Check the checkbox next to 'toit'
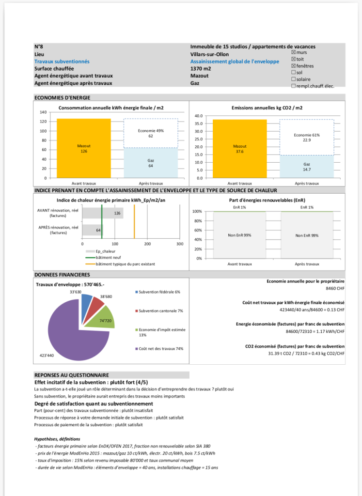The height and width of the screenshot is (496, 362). pyautogui.click(x=293, y=59)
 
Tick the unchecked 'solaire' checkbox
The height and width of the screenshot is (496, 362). pyautogui.click(x=293, y=79)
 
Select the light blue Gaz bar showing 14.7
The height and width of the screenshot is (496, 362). pyautogui.click(x=306, y=167)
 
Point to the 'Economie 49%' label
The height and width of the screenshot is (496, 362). pyautogui.click(x=151, y=131)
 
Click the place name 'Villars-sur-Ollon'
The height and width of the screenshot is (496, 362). pyautogui.click(x=210, y=54)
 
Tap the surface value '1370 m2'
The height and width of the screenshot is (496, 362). pyautogui.click(x=202, y=69)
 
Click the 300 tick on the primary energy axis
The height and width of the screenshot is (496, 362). pyautogui.click(x=180, y=244)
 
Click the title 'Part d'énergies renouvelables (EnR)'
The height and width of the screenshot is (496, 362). pyautogui.click(x=267, y=200)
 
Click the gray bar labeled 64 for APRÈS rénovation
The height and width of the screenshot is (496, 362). pyautogui.click(x=92, y=230)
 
